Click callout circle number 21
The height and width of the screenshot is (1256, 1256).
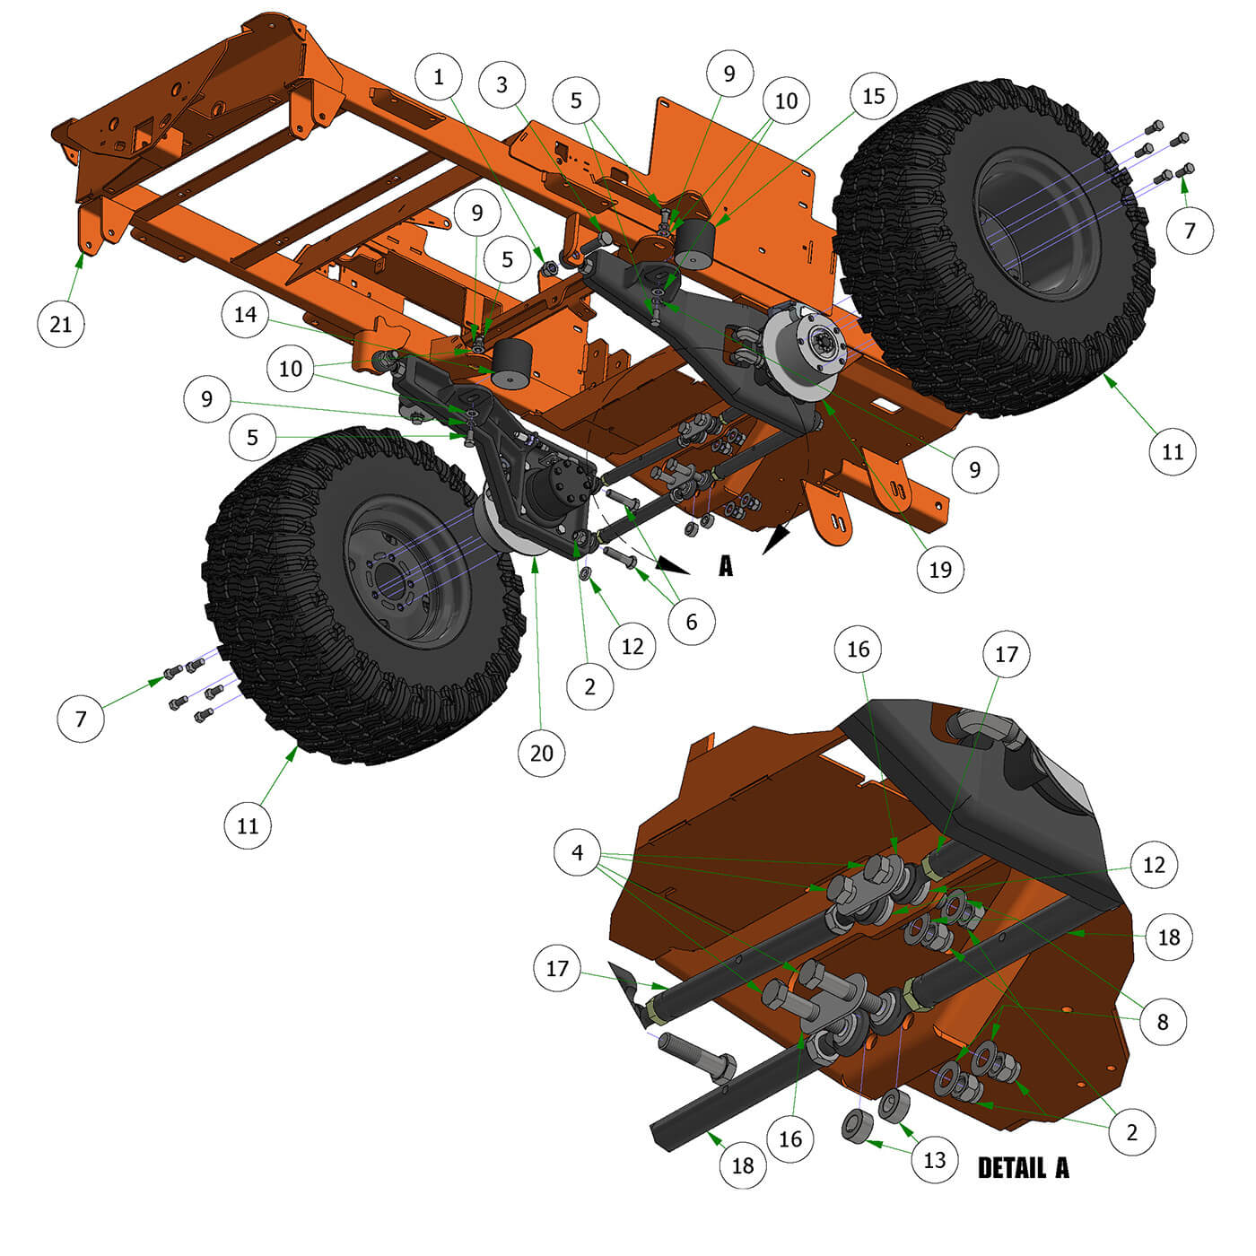coord(61,324)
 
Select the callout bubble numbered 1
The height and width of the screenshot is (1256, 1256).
coord(439,77)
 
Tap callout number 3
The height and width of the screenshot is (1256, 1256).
coord(502,84)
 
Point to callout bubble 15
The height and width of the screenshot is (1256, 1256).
coord(874,96)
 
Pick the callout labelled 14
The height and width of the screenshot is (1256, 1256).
coord(245,315)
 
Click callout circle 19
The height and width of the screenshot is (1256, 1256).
coord(940,570)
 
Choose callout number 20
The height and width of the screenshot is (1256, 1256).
coord(542,754)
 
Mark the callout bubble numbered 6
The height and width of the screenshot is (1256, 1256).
coord(692,622)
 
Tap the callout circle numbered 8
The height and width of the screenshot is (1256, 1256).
coord(1163,1021)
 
